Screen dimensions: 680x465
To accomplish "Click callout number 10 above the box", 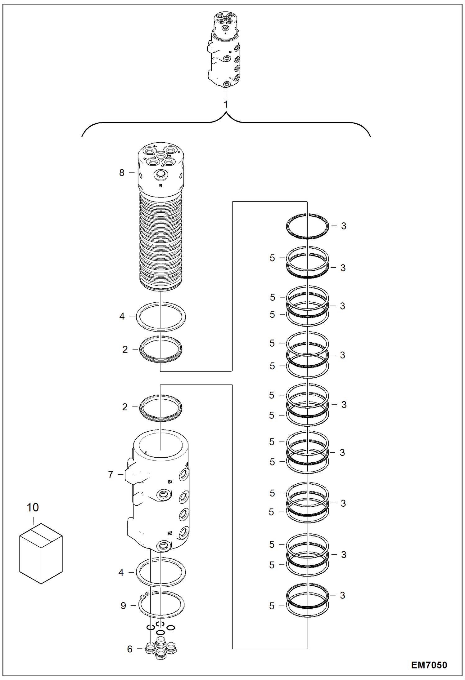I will [x=33, y=507].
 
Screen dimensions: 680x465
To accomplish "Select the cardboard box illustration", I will [x=41, y=553].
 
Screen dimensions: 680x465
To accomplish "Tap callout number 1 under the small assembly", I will [x=226, y=104].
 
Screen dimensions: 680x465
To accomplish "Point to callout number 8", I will [x=122, y=173].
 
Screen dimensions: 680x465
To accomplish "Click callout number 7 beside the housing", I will [x=111, y=474].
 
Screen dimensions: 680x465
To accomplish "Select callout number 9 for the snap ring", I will [x=123, y=606].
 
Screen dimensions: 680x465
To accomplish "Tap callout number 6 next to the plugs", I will [x=130, y=649].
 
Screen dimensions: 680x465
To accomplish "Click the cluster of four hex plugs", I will [x=160, y=648].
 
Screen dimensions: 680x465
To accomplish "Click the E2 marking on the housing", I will [x=170, y=482].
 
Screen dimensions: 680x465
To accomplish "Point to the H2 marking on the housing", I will [x=170, y=533].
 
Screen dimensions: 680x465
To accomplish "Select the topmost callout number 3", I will [x=343, y=226].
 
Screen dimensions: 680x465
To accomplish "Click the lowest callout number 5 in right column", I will [x=272, y=606].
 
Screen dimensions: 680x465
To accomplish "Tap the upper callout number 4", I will [x=122, y=316].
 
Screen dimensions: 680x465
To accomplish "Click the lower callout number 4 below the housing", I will [x=121, y=572].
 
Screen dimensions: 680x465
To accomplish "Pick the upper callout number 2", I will [x=125, y=349].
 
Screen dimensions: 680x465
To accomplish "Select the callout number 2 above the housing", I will [x=125, y=407].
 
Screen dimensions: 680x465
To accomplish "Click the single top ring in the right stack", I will [x=307, y=226].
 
